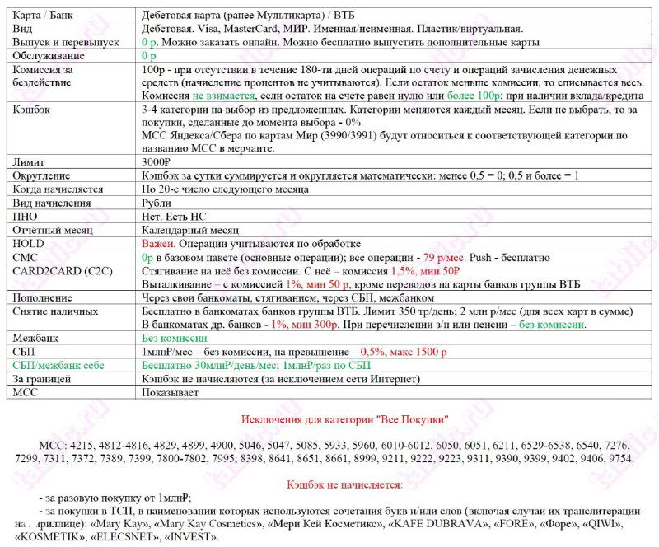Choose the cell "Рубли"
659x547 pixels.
tap(157, 203)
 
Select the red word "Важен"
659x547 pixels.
tap(157, 244)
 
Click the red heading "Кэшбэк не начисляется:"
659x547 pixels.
tap(344, 483)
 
